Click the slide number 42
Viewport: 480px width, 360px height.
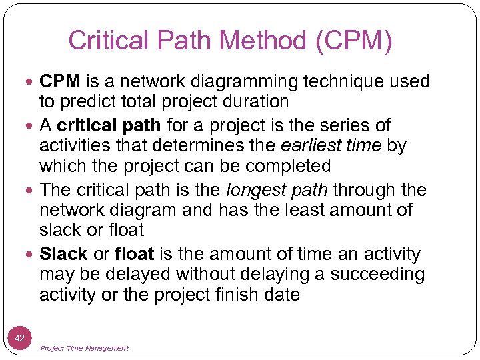pos(19,339)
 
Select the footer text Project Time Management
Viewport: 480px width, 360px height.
pos(84,348)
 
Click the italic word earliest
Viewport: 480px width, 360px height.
pos(302,145)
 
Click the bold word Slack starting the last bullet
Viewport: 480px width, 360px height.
pos(64,254)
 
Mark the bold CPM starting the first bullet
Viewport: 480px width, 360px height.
pos(59,82)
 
